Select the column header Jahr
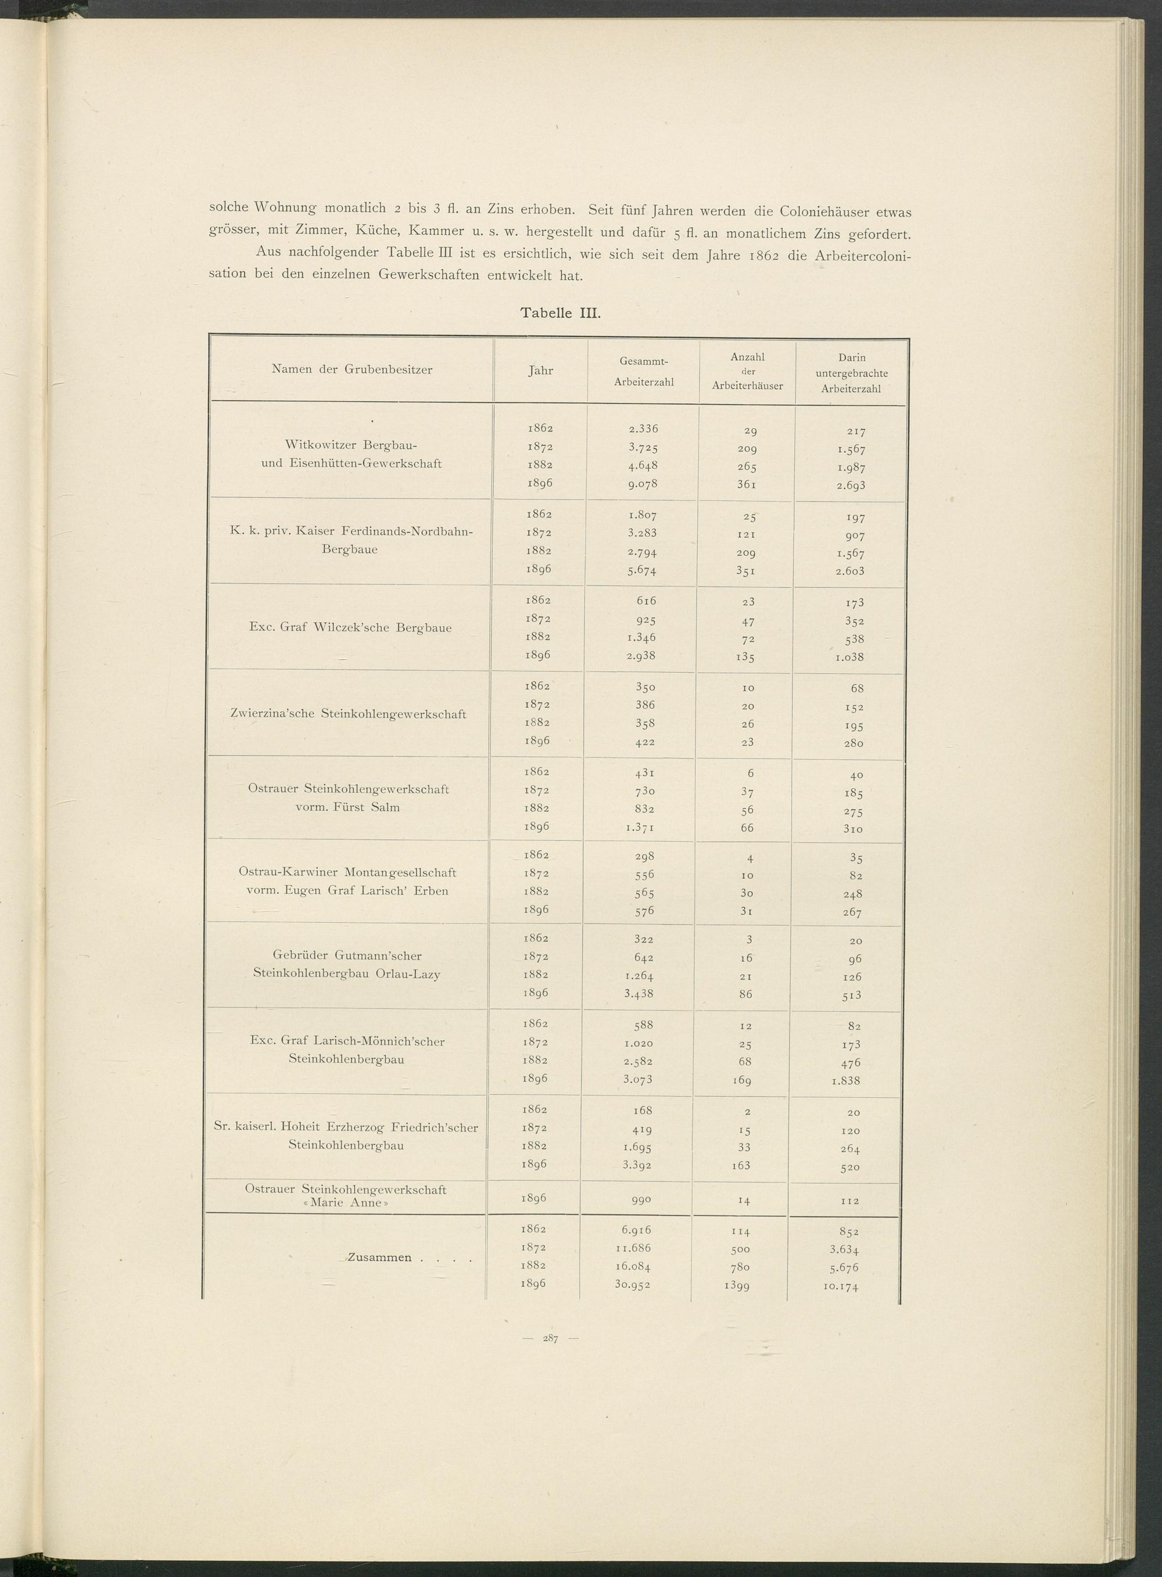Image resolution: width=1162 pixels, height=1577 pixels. (540, 371)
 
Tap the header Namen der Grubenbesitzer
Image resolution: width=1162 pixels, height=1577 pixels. (352, 369)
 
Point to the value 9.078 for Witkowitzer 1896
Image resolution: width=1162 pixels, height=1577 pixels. (643, 484)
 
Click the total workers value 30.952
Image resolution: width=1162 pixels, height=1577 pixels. (632, 1284)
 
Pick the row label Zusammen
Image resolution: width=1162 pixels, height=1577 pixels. (380, 1257)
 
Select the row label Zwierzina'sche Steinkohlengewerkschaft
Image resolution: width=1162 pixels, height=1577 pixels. (348, 714)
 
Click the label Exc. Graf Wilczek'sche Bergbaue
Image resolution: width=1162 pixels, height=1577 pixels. (350, 627)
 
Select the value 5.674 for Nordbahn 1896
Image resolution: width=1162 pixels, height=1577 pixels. (641, 571)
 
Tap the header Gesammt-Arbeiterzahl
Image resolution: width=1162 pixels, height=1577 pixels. (644, 371)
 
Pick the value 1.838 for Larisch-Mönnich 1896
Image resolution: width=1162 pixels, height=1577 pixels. (845, 1080)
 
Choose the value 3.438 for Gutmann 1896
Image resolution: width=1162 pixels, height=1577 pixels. (639, 993)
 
